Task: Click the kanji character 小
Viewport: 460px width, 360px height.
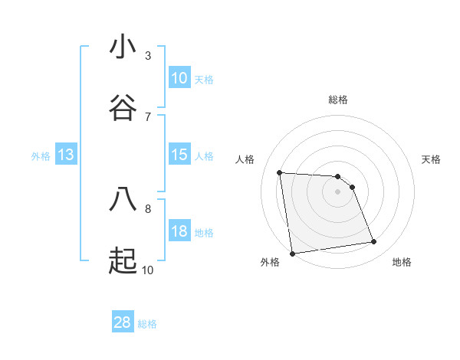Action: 123,47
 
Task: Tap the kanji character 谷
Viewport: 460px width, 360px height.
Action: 123,108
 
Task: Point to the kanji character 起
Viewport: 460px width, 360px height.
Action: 123,261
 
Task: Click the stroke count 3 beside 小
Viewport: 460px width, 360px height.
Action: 148,55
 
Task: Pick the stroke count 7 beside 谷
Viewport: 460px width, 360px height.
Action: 148,116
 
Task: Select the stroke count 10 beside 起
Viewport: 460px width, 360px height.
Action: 148,270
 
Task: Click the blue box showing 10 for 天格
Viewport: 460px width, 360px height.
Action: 179,78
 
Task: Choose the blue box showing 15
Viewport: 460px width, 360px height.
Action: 179,155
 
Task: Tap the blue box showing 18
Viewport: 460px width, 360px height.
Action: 179,231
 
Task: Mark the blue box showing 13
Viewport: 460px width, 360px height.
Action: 66,155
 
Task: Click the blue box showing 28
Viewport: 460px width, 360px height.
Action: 123,322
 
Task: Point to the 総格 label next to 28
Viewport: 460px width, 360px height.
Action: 147,324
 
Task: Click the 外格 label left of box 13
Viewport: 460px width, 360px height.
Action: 41,156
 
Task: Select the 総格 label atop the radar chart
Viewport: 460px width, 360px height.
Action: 337,100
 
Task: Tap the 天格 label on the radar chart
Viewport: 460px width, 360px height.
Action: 432,159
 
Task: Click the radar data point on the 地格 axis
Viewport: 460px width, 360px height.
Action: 374,242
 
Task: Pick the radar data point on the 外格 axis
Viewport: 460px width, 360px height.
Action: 292,253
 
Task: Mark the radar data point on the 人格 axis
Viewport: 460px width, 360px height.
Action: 280,172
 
